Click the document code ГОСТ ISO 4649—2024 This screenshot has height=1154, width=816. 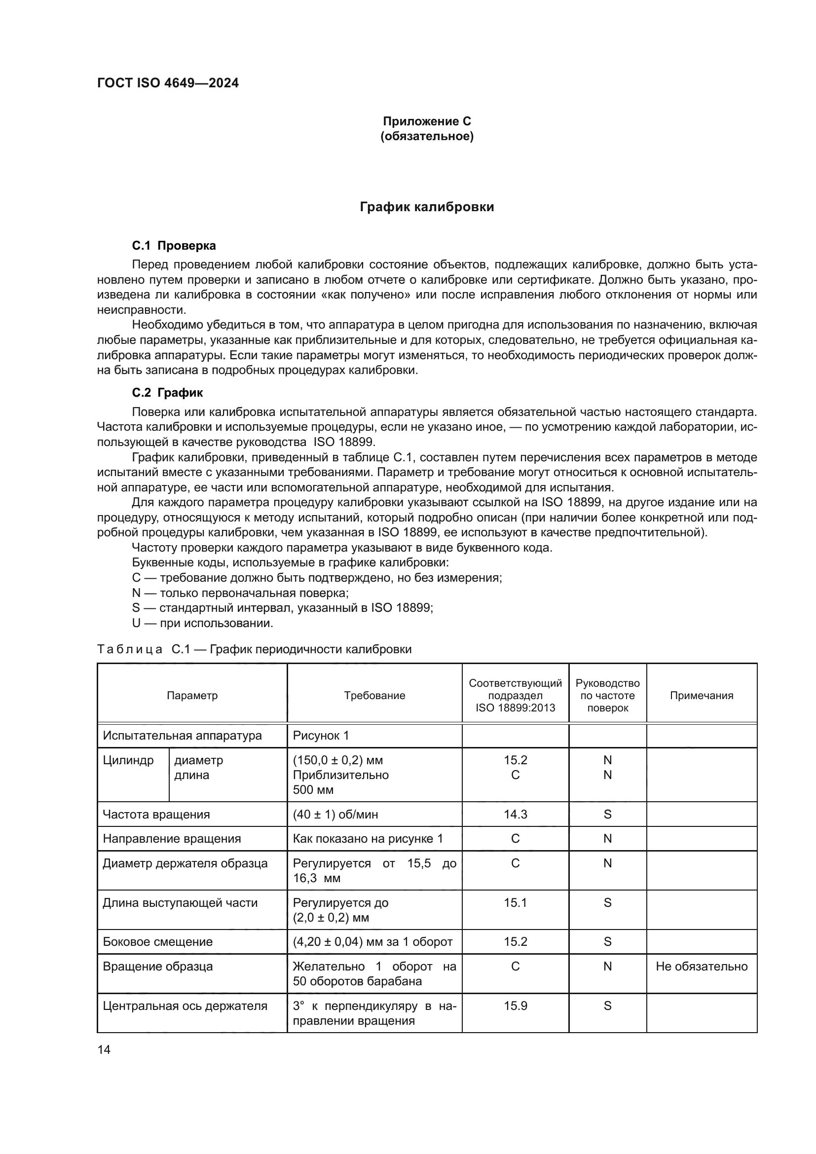point(167,83)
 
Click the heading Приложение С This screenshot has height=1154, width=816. point(427,121)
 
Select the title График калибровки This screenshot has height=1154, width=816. point(427,207)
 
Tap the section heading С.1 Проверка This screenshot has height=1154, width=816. point(174,246)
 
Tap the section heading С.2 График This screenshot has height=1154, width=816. point(167,393)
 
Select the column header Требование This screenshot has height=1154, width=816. point(374,696)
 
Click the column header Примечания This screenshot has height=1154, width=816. point(702,696)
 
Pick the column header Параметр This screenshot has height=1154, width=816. point(192,696)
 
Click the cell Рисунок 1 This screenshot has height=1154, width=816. point(321,736)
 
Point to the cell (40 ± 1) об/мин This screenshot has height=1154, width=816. point(335,814)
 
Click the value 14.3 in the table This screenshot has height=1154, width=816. point(515,814)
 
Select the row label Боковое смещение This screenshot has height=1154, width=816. point(157,942)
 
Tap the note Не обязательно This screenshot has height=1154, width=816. point(702,967)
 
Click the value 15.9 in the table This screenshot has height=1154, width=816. point(515,1005)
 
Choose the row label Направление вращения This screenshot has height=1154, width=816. point(171,839)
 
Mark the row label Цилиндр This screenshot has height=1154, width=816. point(128,760)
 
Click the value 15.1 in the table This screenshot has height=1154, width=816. point(515,903)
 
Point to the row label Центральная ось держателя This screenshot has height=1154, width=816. point(185,1005)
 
